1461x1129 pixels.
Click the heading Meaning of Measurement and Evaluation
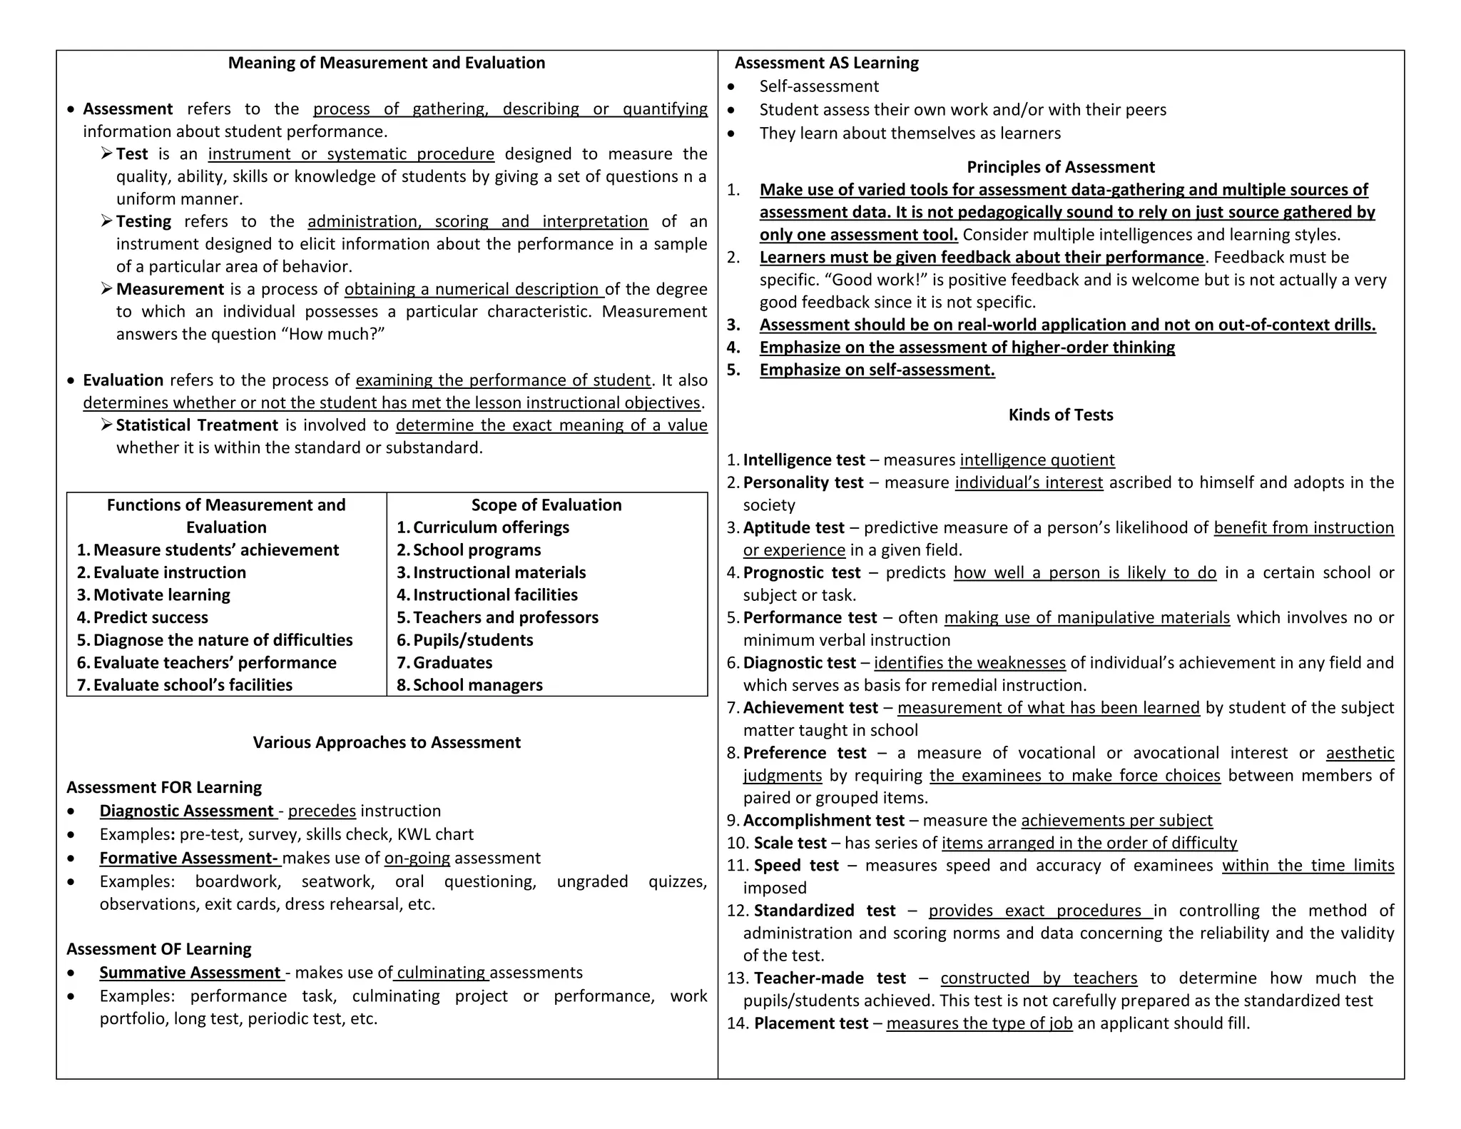click(386, 63)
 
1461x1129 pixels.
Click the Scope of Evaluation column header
click(546, 505)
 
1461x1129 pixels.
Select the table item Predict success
click(151, 617)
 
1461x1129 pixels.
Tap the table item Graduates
click(452, 662)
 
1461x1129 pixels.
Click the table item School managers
click(477, 685)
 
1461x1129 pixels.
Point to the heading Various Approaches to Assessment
click(386, 742)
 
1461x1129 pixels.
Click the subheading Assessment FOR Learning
click(164, 787)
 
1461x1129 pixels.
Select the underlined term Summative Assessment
click(190, 973)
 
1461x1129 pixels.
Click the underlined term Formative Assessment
click(188, 858)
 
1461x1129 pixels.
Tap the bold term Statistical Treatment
click(197, 425)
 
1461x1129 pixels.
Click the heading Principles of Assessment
click(1060, 167)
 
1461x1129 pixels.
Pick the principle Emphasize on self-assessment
click(877, 370)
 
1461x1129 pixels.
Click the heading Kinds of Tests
click(1060, 415)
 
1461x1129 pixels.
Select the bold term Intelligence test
click(804, 460)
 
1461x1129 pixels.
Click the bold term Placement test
click(810, 1023)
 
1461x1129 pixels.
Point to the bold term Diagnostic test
click(799, 663)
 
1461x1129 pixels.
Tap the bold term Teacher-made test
click(830, 978)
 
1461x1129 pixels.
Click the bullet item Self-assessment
click(818, 86)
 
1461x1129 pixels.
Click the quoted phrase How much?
click(336, 334)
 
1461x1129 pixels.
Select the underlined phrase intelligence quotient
click(1037, 460)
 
